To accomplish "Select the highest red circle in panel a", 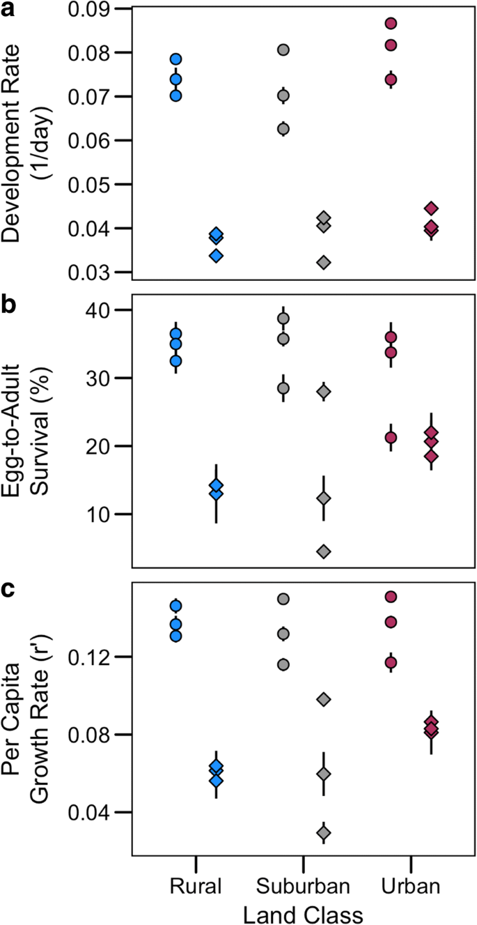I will click(x=391, y=24).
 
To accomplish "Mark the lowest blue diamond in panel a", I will click(x=216, y=256).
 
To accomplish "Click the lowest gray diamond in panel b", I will click(x=324, y=551).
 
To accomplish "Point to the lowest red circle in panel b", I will click(x=391, y=438).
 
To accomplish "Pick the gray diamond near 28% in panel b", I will click(x=324, y=392).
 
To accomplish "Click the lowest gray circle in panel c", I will click(x=283, y=664).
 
